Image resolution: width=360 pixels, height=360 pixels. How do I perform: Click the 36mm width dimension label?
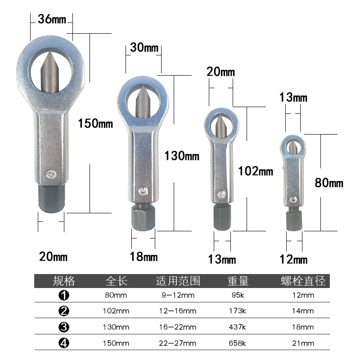pyautogui.click(x=52, y=19)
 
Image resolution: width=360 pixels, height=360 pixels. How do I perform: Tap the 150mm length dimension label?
pyautogui.click(x=95, y=123)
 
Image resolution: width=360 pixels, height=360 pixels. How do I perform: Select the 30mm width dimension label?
pyautogui.click(x=144, y=48)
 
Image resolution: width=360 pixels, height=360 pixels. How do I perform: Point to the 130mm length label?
pyautogui.click(x=182, y=156)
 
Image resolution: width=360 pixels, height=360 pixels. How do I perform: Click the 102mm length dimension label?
pyautogui.click(x=256, y=171)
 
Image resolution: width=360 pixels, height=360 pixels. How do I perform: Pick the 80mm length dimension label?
pyautogui.click(x=329, y=183)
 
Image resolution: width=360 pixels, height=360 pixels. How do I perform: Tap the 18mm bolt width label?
pyautogui.click(x=144, y=256)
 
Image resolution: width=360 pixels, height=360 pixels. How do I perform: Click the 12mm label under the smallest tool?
pyautogui.click(x=293, y=260)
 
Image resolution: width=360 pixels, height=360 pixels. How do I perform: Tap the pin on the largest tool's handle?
pyautogui.click(x=51, y=174)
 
